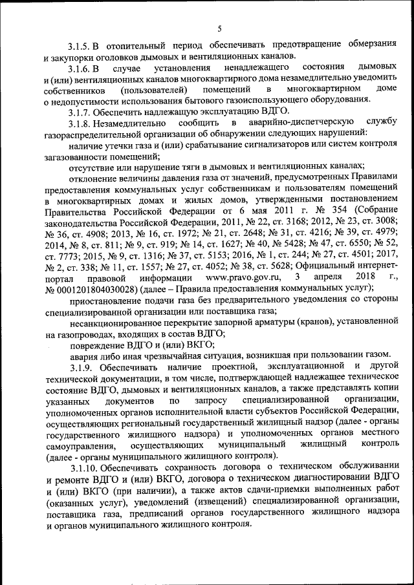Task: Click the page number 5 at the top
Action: click(x=219, y=28)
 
